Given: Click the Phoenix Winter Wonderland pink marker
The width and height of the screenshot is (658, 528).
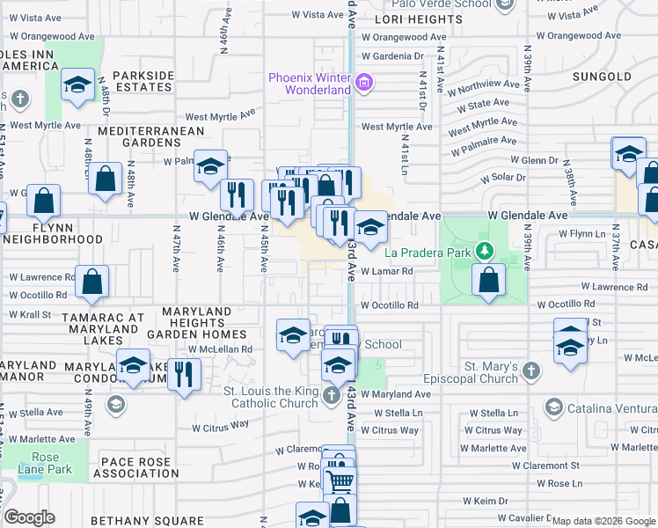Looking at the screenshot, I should (365, 85).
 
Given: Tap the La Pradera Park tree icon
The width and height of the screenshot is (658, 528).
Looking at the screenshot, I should (483, 253).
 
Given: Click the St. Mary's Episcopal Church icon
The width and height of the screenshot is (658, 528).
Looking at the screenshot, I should (530, 372).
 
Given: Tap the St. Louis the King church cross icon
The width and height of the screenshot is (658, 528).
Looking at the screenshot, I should (331, 395).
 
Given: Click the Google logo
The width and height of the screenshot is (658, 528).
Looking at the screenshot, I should (29, 517).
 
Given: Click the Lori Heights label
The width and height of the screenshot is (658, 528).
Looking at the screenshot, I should (413, 18).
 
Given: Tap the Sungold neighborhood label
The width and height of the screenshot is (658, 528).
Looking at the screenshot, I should (602, 77).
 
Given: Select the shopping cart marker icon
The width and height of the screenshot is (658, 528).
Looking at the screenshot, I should (340, 480).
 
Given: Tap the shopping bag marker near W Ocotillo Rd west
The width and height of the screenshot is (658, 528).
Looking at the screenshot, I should (91, 282).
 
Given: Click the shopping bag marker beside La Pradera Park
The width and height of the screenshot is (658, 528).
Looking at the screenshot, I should (488, 281).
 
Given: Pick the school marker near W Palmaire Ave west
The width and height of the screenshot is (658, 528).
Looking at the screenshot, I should (211, 166).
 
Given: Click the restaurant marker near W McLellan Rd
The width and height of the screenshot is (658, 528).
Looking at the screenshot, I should (184, 375).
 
